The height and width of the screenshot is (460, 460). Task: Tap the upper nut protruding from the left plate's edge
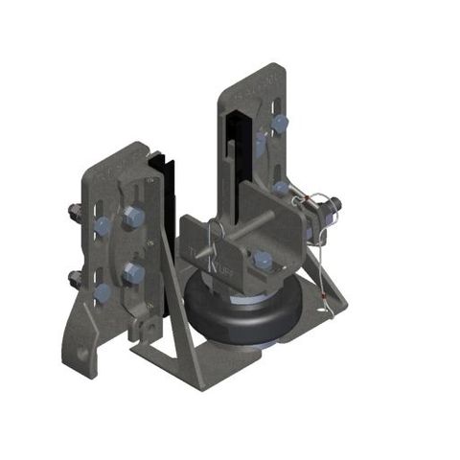[x=75, y=212]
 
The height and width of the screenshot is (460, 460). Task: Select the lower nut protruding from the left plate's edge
[x=76, y=279]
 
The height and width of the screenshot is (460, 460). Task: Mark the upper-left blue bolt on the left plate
[x=102, y=226]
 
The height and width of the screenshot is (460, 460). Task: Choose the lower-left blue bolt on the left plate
[x=102, y=290]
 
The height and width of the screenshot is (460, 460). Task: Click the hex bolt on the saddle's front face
[x=263, y=259]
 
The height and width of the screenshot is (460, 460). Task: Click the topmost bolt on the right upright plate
[x=280, y=124]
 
